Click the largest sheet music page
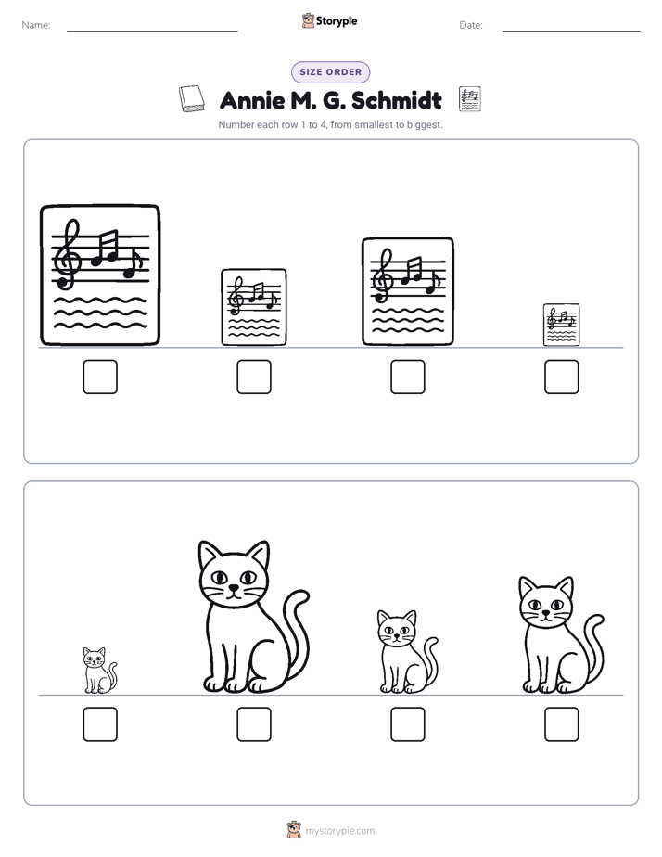coord(100,275)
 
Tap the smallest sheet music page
coord(562,325)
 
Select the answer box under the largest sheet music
coord(100,377)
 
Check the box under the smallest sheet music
coord(562,377)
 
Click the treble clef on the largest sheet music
coord(68,254)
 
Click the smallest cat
coord(99,671)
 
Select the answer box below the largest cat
coord(254,724)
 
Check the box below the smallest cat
coord(100,724)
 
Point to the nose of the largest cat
coord(234,588)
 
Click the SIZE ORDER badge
coord(330,72)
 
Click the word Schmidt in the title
coord(397,100)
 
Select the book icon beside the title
coord(192,99)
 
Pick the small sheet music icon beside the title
coord(470,99)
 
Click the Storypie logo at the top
coord(330,21)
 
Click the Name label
coord(36,25)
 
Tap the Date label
coord(471,25)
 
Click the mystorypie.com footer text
coord(339,831)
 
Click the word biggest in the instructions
coord(425,124)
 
